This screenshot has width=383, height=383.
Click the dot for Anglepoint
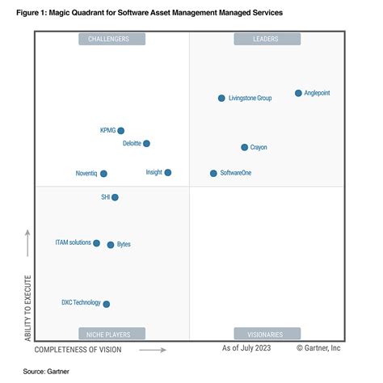tap(298, 93)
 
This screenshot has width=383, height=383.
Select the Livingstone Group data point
tap(221, 98)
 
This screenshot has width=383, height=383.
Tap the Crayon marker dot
tap(244, 147)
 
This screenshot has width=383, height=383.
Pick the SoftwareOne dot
tap(213, 173)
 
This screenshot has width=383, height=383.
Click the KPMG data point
tap(121, 130)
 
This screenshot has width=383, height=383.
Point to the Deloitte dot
tap(146, 143)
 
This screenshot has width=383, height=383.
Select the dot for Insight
tap(168, 172)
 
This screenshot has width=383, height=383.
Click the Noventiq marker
tap(103, 173)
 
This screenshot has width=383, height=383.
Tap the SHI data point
tap(115, 197)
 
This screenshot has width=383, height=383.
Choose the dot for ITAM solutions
tap(97, 242)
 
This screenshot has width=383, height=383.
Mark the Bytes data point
tap(111, 244)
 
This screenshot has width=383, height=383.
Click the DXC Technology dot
tap(107, 304)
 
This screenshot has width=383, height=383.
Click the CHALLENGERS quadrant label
tap(112, 39)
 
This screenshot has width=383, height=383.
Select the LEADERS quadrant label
tap(267, 39)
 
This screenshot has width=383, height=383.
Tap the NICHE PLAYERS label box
tap(112, 333)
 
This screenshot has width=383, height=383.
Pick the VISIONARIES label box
tap(267, 333)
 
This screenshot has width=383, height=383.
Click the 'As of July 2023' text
tap(246, 348)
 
